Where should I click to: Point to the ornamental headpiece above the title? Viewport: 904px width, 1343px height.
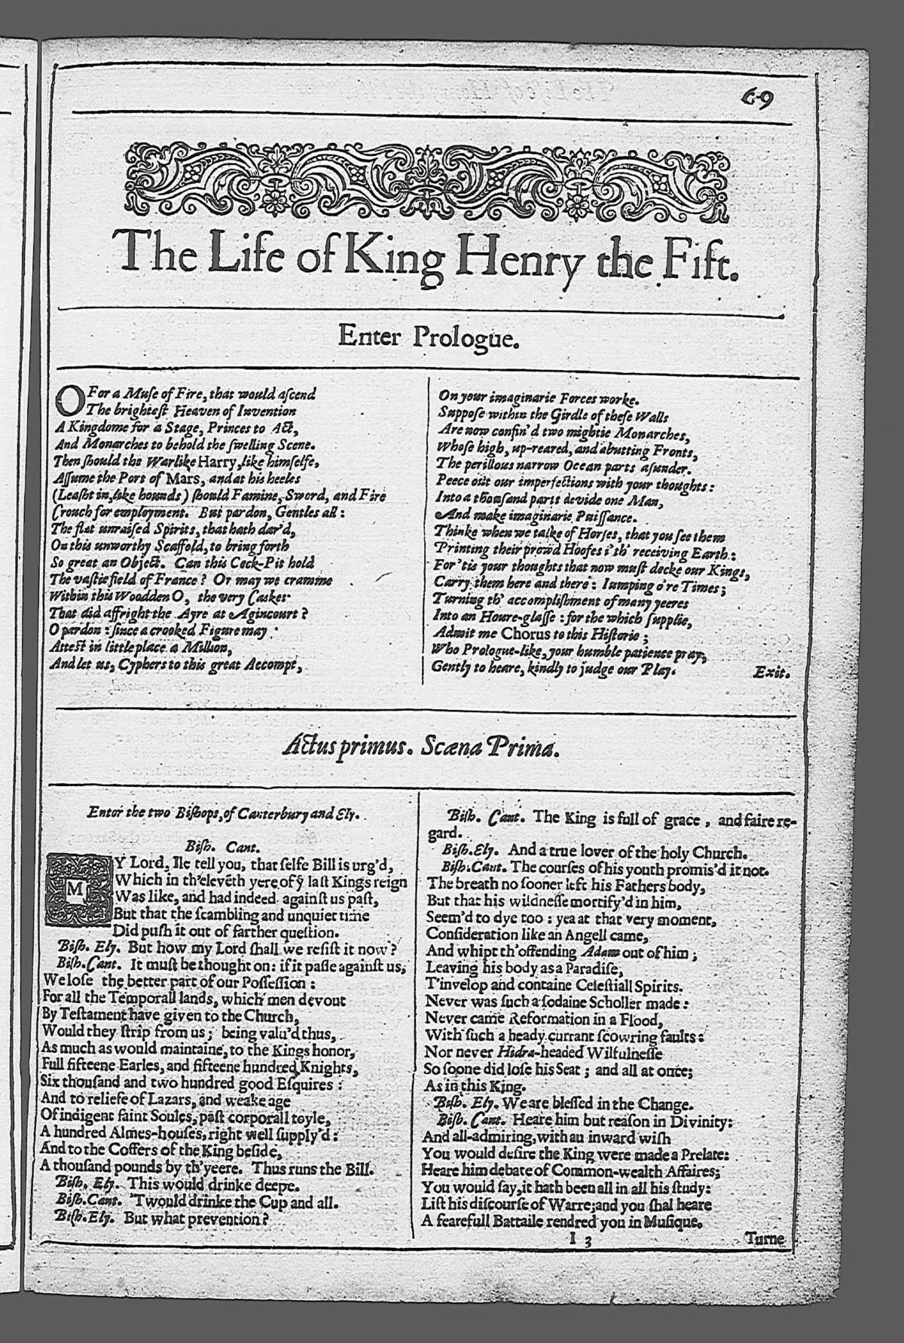point(427,178)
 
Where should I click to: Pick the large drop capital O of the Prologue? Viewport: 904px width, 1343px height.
point(69,399)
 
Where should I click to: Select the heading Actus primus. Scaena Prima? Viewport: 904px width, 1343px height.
point(422,749)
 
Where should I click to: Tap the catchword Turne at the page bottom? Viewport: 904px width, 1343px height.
point(764,1237)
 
